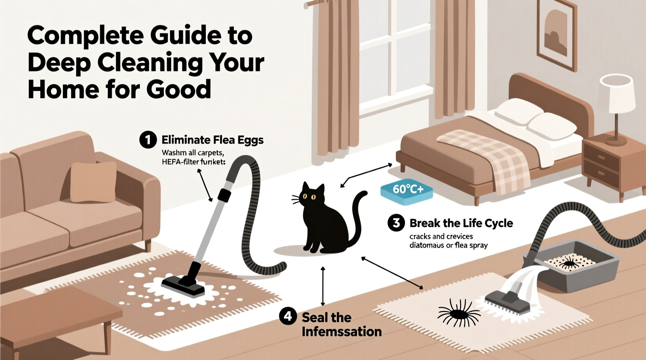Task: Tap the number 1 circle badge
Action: [148, 140]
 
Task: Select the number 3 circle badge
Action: [396, 223]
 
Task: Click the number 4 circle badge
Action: [288, 317]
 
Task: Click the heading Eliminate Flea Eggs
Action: [212, 140]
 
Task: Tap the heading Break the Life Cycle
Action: [461, 223]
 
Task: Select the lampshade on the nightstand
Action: [616, 93]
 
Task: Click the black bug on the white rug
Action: [459, 313]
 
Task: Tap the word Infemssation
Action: [342, 332]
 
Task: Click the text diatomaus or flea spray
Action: [448, 246]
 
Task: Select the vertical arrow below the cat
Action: [323, 286]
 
